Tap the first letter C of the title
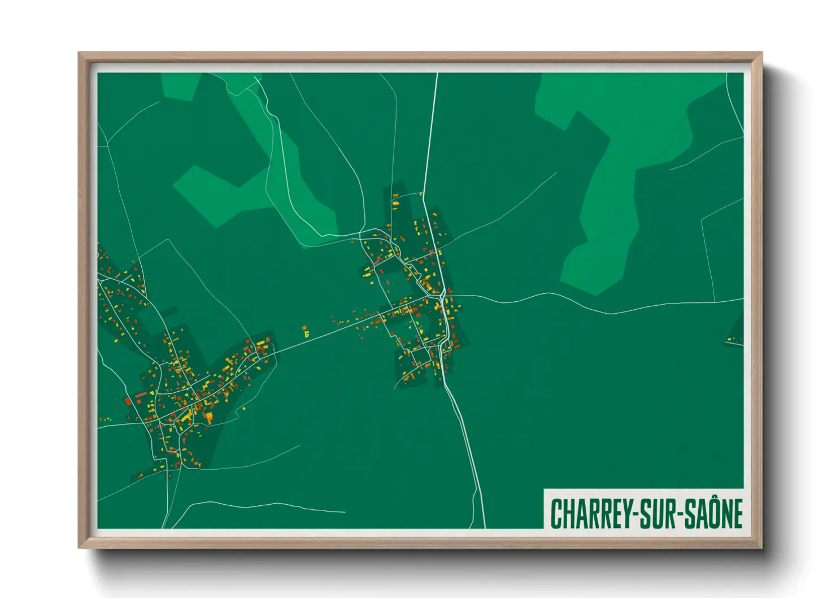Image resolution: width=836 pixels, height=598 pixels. click(x=556, y=514)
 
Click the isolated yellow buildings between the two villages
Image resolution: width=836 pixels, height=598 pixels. click(x=306, y=331)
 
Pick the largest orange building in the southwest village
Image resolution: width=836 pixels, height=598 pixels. click(x=208, y=418)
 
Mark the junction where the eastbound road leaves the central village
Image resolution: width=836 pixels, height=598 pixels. click(x=450, y=296)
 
